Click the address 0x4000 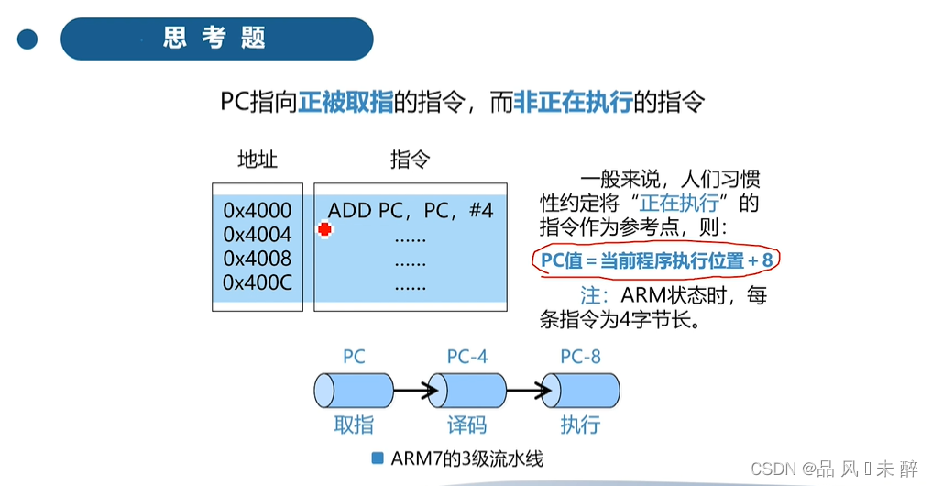point(258,211)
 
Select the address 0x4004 point(258,235)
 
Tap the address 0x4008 point(258,259)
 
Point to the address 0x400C point(258,282)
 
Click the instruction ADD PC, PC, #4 point(411,211)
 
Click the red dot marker point(323,230)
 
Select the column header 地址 point(258,160)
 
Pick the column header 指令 point(411,160)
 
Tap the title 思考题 point(215,39)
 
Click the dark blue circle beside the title point(27,39)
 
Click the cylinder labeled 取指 point(354,391)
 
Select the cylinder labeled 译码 point(466,391)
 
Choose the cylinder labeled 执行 point(580,391)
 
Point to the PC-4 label point(466,357)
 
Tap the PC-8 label point(580,357)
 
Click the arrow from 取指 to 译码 point(411,392)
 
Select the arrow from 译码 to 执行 point(523,392)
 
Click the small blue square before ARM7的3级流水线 point(378,458)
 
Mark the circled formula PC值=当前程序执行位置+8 point(656,262)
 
